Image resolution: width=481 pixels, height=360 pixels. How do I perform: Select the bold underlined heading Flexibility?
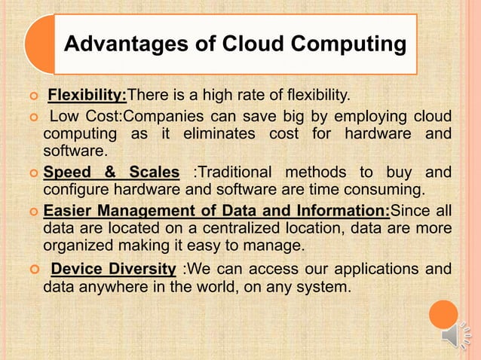87,96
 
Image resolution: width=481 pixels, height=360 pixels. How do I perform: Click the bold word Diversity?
146,270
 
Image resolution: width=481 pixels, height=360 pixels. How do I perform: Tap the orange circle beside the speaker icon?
443,314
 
